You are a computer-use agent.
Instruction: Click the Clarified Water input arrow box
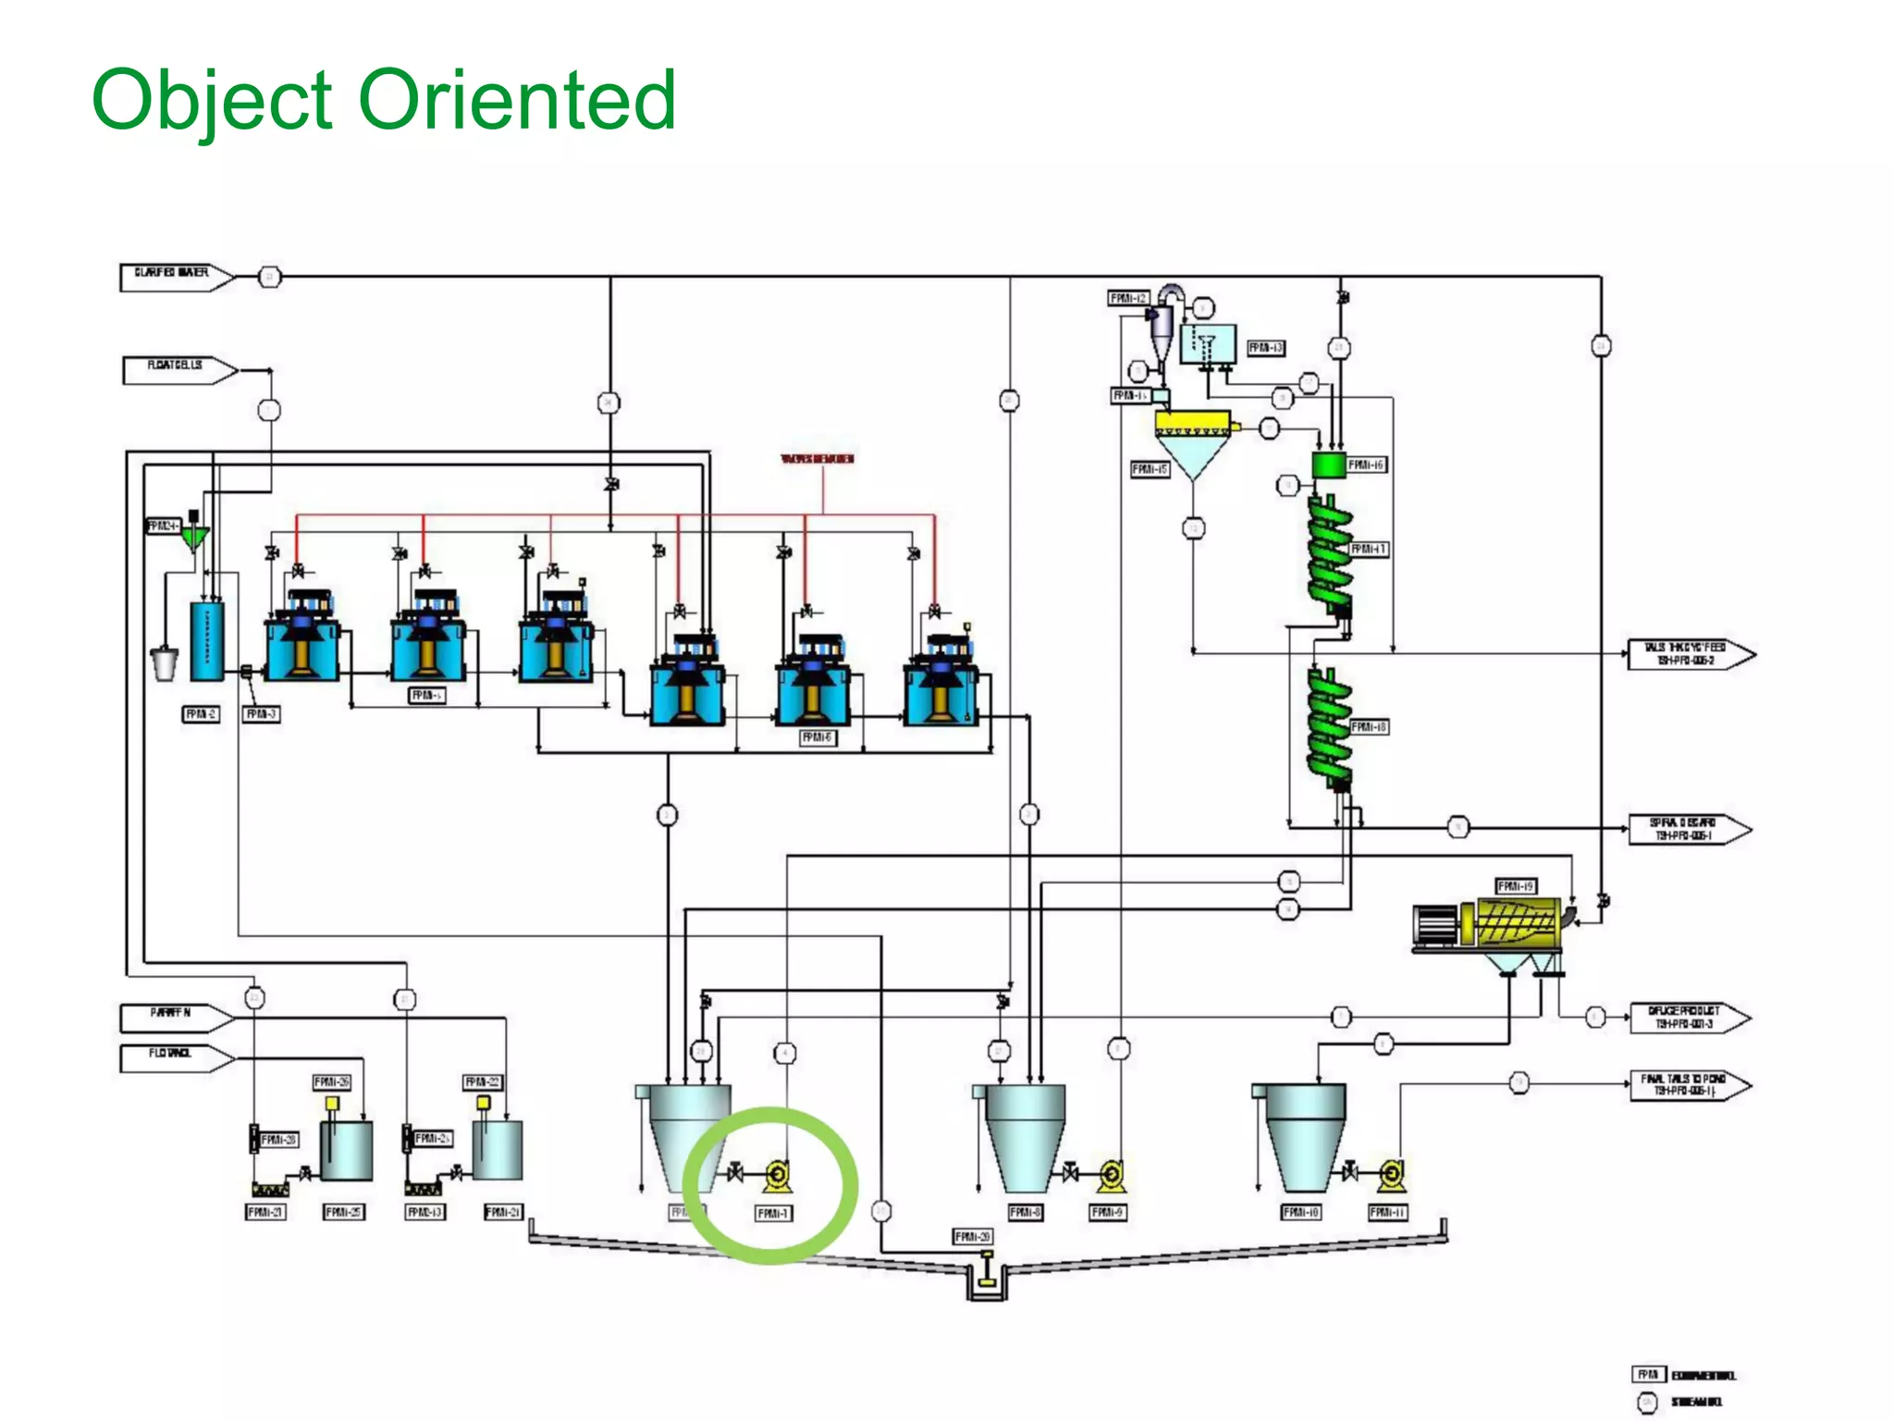[x=174, y=276]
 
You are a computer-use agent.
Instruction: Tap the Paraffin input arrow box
[x=174, y=1017]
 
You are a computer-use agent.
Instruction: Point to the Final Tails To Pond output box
[x=1689, y=1085]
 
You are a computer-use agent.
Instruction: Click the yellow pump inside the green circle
[x=778, y=1176]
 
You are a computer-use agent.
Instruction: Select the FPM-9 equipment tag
[x=1108, y=1212]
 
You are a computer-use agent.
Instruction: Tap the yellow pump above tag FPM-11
[x=1391, y=1175]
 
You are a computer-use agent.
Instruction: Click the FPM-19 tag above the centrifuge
[x=1516, y=886]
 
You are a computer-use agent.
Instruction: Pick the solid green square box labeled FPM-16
[x=1329, y=464]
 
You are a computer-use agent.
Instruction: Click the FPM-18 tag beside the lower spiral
[x=1369, y=727]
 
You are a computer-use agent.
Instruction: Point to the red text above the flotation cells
[x=818, y=459]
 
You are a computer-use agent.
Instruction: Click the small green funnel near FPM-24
[x=195, y=538]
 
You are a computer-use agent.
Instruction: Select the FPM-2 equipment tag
[x=202, y=714]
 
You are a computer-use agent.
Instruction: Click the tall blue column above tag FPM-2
[x=207, y=641]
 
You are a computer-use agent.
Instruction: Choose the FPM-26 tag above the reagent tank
[x=331, y=1081]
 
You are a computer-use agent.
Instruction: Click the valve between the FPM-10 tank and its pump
[x=1351, y=1174]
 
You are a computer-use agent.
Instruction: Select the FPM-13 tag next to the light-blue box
[x=1266, y=348]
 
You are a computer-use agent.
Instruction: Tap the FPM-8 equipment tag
[x=1025, y=1212]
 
